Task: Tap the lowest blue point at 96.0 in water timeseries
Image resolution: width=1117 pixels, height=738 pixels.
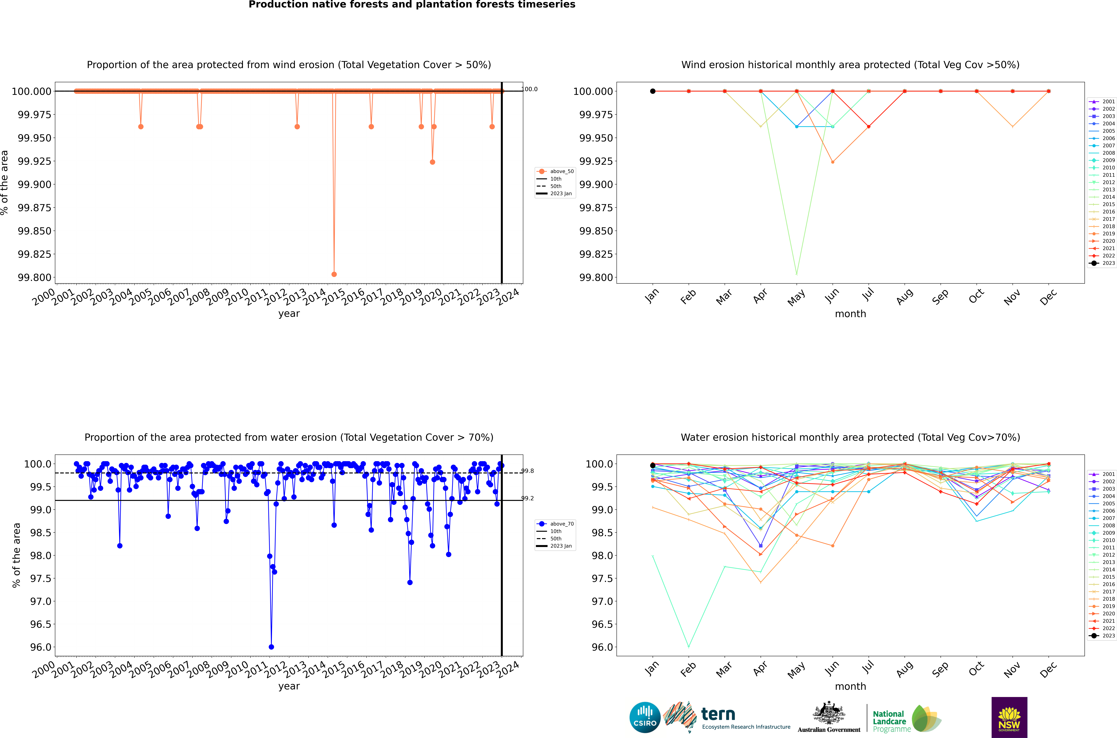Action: pos(271,647)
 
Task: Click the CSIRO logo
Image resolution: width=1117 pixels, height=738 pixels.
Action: pos(645,717)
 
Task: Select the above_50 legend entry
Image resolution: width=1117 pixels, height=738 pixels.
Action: pos(555,171)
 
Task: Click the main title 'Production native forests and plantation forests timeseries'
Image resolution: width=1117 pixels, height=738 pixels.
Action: pos(412,5)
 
